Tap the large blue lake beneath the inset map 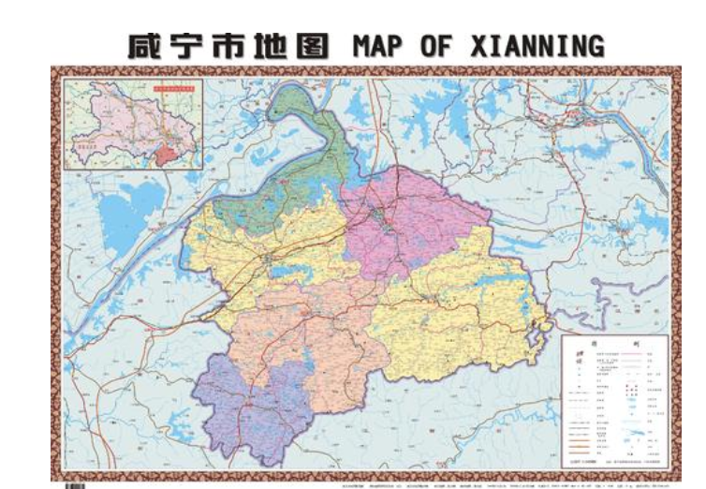[x=132, y=211]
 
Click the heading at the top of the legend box [x=612, y=344]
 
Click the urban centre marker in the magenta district [x=380, y=218]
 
